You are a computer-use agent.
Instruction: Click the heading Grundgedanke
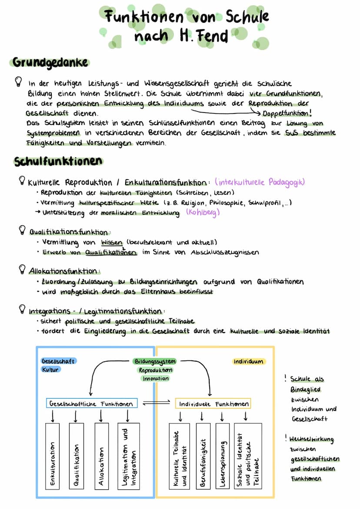(x=50, y=62)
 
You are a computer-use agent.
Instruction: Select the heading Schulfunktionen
(x=58, y=161)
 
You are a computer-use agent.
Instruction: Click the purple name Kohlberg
(x=203, y=213)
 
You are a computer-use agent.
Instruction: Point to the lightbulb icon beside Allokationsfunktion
(x=22, y=270)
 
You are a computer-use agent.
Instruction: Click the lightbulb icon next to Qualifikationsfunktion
(x=22, y=230)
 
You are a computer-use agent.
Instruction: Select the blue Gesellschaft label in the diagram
(x=58, y=361)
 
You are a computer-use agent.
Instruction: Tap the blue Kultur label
(x=51, y=369)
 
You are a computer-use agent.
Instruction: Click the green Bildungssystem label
(x=155, y=361)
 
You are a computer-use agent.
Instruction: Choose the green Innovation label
(x=155, y=379)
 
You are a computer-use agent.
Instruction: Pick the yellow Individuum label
(x=248, y=361)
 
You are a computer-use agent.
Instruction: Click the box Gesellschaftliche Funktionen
(x=91, y=403)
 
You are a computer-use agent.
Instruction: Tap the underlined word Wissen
(x=111, y=243)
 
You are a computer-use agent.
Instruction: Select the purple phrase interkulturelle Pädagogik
(x=260, y=182)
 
